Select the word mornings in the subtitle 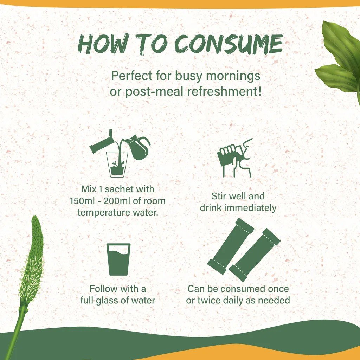233,76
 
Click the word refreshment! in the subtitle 224,91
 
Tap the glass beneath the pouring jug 117,165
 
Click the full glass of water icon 118,259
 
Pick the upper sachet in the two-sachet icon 231,246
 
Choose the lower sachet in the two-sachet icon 255,255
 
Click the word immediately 250,208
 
